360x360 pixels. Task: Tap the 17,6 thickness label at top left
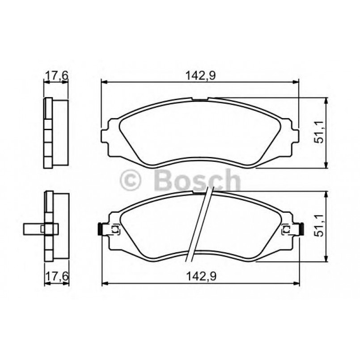[56, 76]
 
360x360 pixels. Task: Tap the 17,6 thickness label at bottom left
[56, 276]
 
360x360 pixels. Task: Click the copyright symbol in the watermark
[131, 181]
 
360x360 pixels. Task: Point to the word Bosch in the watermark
[197, 181]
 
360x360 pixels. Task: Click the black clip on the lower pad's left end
[99, 229]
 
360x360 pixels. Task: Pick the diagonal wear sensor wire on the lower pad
[200, 224]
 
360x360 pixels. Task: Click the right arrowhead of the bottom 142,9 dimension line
[296, 283]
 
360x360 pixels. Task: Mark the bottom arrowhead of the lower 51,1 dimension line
[327, 258]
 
